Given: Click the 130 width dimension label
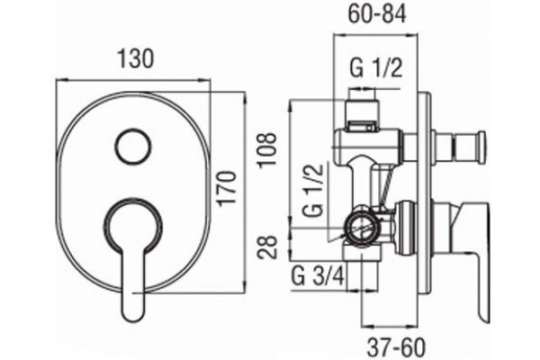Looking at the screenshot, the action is coord(135,58).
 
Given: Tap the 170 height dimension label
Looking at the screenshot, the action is coord(229,188).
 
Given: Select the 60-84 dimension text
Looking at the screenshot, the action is coord(377,14).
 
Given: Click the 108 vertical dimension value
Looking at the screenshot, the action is coord(268,150).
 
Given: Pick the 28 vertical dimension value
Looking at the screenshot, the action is coord(268,247).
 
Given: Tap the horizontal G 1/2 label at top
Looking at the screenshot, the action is coord(376,68).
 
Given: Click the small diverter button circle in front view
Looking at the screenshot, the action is coord(133,147).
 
